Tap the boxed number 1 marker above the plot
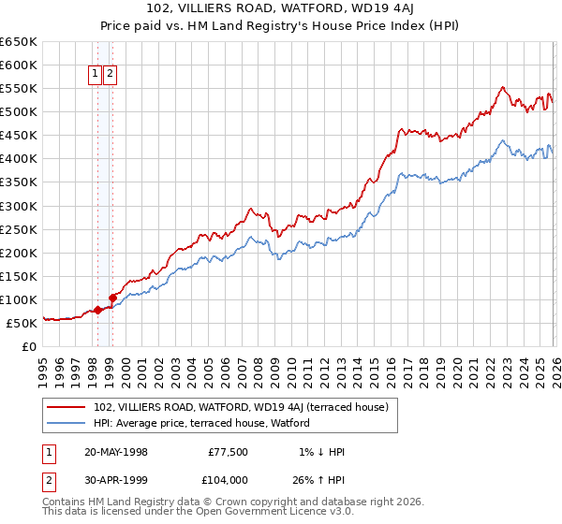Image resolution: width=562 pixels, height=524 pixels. tap(96, 75)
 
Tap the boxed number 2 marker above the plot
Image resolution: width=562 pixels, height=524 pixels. tap(111, 75)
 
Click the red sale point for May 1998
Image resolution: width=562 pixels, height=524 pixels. tap(97, 310)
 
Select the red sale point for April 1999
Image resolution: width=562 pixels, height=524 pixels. tap(112, 298)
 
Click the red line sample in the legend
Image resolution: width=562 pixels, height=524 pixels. tap(67, 407)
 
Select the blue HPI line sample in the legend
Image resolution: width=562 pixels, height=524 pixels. tap(67, 423)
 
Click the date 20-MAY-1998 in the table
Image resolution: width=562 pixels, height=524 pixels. tap(115, 452)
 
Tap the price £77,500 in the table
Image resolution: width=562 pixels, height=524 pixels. tap(229, 452)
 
